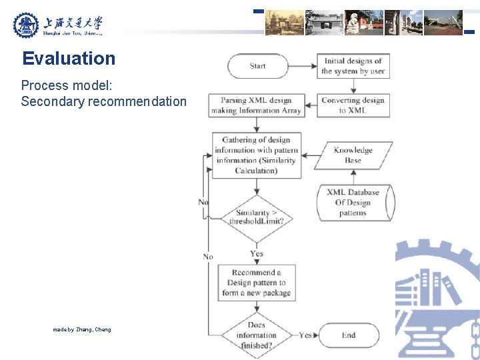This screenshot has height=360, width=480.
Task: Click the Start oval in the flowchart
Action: coord(257,66)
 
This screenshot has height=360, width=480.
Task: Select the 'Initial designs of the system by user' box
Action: coord(353,66)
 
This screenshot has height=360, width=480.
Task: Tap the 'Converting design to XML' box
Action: coord(353,105)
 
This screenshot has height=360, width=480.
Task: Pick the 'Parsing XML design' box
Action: coord(256,105)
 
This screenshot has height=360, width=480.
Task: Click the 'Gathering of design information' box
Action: coord(256,155)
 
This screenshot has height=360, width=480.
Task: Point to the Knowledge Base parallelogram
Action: coord(353,155)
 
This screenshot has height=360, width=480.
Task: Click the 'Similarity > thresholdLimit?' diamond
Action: coord(256,217)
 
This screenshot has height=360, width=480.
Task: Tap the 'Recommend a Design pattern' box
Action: coord(256,282)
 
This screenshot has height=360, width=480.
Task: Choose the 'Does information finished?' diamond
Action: coord(256,335)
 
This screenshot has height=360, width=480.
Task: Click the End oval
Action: coord(349,335)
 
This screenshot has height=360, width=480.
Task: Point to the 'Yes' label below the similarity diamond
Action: coord(257,253)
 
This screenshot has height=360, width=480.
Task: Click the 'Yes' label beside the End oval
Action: coord(305,335)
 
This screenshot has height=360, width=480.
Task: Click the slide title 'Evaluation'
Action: coord(69,59)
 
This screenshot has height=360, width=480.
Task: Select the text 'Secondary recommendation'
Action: coord(103,101)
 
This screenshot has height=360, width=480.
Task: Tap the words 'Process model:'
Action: coord(59,85)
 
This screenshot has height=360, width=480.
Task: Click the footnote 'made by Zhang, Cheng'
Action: coord(82,329)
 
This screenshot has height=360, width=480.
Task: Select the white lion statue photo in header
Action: coord(363,23)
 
